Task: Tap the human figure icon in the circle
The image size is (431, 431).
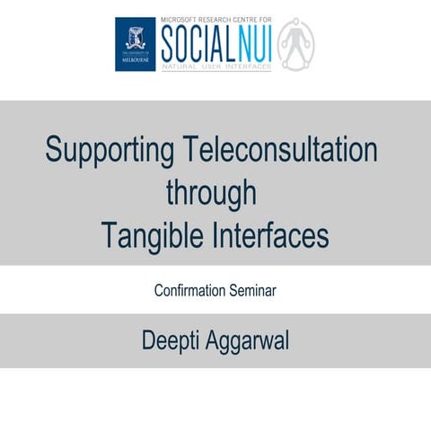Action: (x=295, y=45)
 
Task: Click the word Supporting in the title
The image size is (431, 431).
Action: (x=100, y=150)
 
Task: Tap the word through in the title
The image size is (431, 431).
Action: (x=215, y=192)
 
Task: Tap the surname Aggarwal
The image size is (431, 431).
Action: (x=254, y=341)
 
